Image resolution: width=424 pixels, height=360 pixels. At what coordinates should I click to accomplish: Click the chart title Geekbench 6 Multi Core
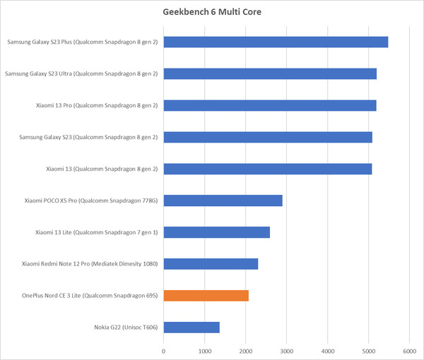[211, 12]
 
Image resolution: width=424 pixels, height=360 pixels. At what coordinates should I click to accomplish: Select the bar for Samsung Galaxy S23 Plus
[276, 42]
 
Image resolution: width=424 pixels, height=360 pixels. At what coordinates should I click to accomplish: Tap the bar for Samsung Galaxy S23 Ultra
[270, 73]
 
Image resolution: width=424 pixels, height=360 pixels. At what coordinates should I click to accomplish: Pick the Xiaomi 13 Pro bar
[270, 105]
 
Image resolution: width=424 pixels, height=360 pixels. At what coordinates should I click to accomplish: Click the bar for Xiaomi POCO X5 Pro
[223, 200]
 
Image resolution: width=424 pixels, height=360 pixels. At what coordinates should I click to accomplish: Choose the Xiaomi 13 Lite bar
[216, 232]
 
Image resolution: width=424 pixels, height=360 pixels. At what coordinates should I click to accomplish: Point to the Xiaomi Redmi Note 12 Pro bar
[211, 264]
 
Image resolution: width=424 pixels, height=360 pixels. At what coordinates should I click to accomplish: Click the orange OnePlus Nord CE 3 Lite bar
[206, 296]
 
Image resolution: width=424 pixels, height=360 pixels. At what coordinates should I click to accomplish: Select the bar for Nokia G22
[192, 328]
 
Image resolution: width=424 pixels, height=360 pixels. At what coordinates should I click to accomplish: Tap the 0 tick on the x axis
[164, 349]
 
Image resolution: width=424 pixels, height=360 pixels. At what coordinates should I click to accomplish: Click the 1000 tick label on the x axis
[205, 349]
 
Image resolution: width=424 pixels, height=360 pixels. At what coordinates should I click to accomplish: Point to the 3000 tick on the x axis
[287, 349]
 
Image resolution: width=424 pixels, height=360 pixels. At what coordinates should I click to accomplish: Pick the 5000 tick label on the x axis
[368, 349]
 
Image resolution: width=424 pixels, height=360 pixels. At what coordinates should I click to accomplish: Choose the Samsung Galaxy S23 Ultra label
[81, 73]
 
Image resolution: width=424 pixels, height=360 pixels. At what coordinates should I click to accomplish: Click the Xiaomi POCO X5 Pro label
[90, 200]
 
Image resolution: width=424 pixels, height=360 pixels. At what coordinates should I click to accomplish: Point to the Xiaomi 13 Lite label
[96, 232]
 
